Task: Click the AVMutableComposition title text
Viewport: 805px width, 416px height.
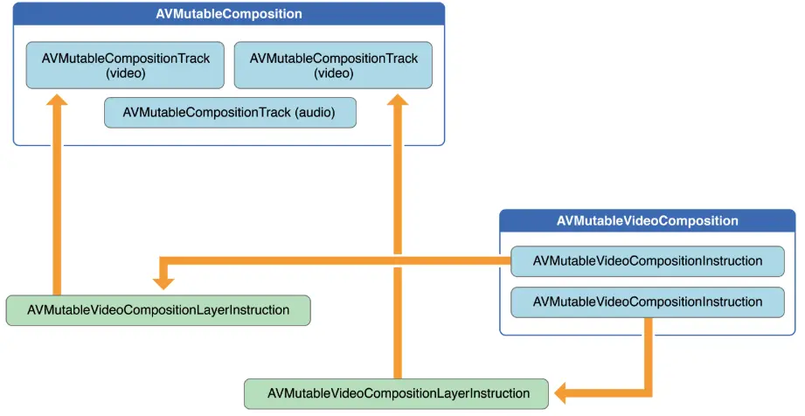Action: tap(228, 14)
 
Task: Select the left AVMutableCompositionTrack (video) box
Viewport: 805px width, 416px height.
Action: tap(124, 66)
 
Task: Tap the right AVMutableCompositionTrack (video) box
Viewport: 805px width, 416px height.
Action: tap(333, 66)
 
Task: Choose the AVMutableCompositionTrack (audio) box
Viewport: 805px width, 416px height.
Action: tap(230, 112)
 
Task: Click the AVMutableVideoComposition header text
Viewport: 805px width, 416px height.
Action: tap(647, 221)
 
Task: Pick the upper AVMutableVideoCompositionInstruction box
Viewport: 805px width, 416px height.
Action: tap(647, 260)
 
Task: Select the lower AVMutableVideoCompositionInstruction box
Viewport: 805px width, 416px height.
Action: tap(647, 302)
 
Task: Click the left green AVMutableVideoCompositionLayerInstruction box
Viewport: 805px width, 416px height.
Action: tap(158, 310)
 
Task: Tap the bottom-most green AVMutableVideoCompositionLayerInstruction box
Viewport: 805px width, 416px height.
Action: tap(397, 393)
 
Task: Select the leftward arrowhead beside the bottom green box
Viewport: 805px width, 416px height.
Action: tap(563, 393)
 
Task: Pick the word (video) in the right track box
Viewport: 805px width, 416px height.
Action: tap(333, 73)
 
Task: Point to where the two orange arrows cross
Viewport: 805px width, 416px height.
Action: tap(398, 260)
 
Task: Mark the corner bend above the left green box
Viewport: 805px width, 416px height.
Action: tap(163, 260)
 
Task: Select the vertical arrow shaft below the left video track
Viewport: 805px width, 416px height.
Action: tap(57, 201)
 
